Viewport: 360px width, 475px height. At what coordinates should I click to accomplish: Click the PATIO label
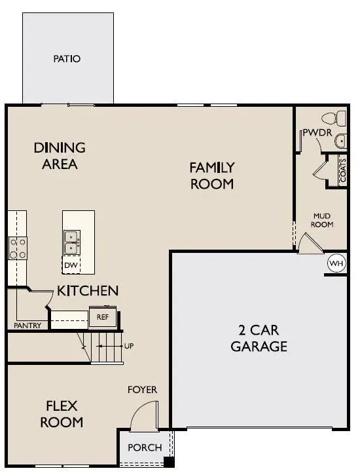(67, 59)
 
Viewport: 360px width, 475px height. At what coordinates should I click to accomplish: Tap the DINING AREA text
(59, 156)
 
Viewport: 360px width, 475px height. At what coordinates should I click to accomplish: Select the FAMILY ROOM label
(211, 176)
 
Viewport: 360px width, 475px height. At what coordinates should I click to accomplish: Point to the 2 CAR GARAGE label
(259, 338)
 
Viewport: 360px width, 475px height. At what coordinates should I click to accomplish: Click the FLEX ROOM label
(62, 413)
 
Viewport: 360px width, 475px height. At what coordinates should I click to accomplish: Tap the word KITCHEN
(87, 290)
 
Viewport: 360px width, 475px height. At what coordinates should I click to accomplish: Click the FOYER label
(142, 390)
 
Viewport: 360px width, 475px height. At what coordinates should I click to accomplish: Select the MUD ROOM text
(323, 219)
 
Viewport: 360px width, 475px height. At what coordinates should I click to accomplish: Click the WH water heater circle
(336, 263)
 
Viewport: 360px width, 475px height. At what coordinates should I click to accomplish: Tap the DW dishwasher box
(71, 265)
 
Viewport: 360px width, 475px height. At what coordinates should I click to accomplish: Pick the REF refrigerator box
(102, 316)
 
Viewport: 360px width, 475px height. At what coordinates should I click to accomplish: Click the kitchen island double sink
(71, 242)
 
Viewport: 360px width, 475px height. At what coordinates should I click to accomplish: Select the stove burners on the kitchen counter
(17, 248)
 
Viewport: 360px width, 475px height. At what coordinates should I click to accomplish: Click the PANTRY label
(27, 325)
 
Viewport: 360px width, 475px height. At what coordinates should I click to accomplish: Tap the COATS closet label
(342, 170)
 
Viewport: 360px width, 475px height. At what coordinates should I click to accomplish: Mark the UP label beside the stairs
(129, 345)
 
